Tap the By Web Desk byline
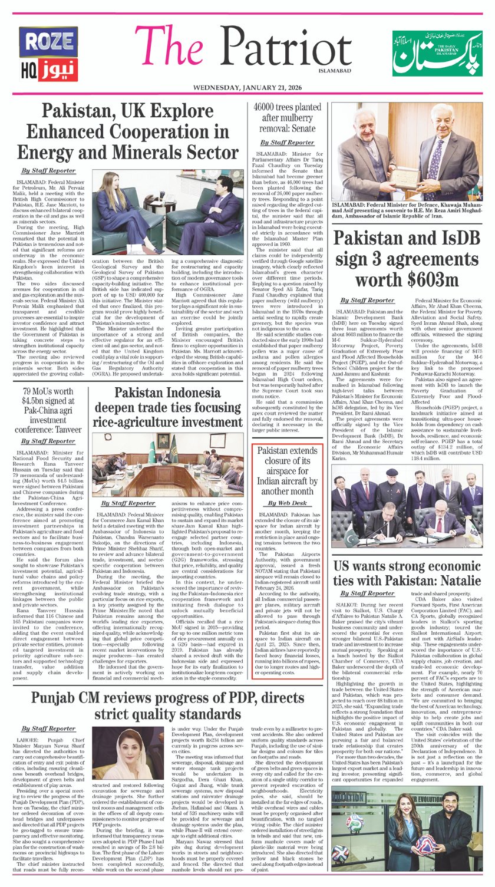[287, 503]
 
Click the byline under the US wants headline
[368, 593]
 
